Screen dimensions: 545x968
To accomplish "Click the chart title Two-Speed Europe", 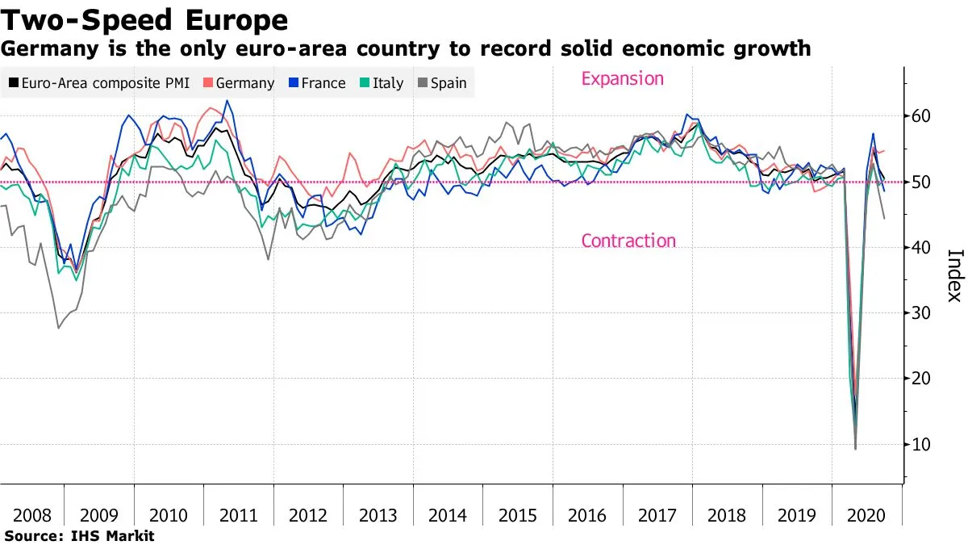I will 144,19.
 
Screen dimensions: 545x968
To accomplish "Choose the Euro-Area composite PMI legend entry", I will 98,83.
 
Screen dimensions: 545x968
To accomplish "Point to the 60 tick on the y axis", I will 920,116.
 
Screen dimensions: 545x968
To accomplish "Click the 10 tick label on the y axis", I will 920,444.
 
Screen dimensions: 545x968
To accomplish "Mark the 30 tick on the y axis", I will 920,313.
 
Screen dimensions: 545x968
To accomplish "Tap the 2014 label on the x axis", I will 449,516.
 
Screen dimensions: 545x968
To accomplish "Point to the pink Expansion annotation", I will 622,79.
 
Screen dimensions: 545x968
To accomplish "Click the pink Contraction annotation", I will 628,241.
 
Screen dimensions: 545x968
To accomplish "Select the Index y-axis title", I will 954,275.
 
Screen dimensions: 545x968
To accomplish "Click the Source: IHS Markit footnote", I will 79,535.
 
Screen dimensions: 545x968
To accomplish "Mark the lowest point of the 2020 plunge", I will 855,448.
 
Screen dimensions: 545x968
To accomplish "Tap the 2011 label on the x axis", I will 240,516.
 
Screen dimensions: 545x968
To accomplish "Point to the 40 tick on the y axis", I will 920,248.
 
